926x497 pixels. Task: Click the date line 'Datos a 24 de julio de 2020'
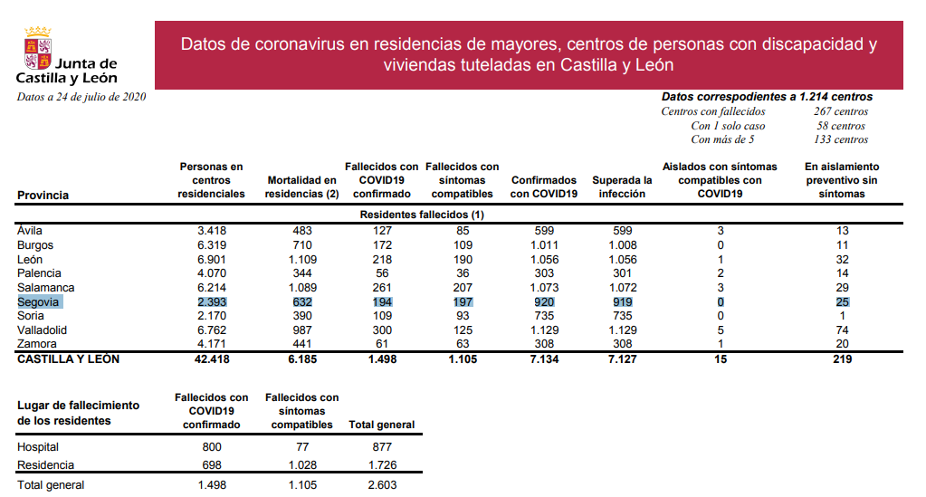[81, 97]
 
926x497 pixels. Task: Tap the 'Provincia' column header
[43, 195]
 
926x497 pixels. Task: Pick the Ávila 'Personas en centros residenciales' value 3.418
[211, 231]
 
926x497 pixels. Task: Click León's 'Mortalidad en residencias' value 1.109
[302, 259]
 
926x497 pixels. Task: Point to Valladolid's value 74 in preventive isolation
[841, 330]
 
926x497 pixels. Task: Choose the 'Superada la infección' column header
[622, 187]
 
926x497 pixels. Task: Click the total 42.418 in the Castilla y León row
[211, 359]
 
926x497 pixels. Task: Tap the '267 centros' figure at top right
[840, 111]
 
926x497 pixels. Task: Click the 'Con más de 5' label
[722, 139]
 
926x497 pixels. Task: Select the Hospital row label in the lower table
[38, 447]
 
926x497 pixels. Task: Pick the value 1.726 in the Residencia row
[381, 464]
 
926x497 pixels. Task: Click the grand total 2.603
[381, 485]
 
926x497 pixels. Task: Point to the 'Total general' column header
[381, 425]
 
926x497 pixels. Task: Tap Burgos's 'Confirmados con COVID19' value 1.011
[544, 245]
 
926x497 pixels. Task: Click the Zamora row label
[36, 344]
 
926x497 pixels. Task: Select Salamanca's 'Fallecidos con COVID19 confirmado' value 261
[381, 287]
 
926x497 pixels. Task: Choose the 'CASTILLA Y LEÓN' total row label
[69, 359]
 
